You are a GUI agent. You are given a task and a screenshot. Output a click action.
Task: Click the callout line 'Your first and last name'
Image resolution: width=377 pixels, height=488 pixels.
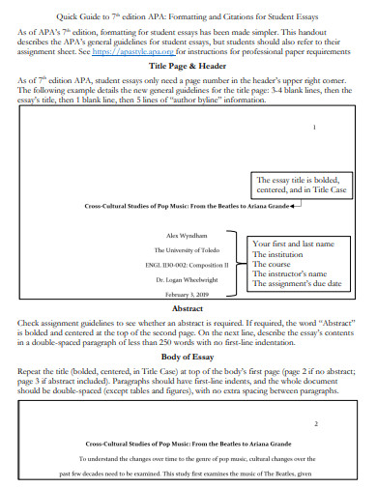point(292,244)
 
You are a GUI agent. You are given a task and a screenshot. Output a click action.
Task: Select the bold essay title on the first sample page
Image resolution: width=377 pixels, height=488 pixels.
point(185,206)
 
